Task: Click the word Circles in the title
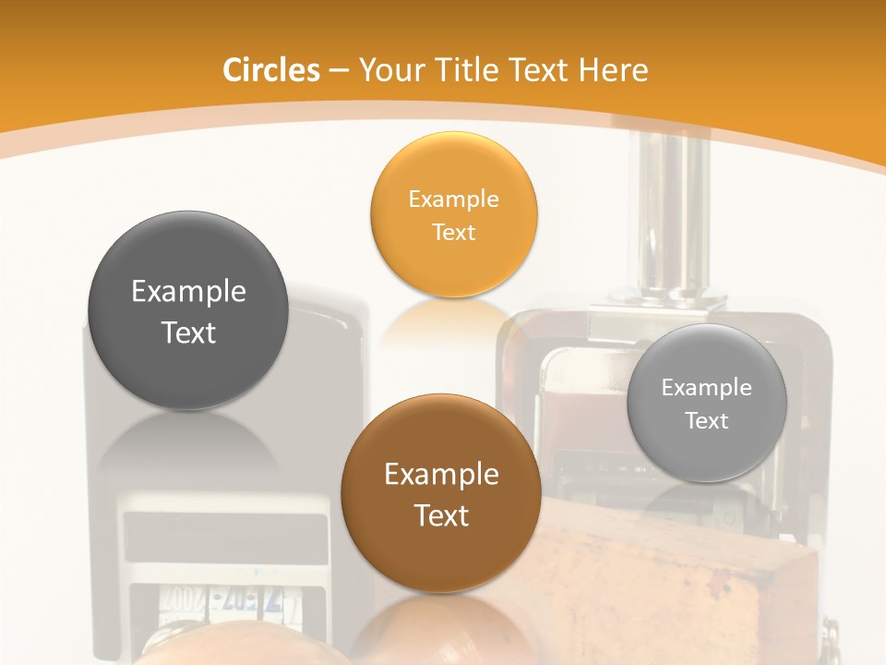(x=270, y=70)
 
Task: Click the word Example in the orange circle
(x=453, y=199)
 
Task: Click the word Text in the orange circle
(x=453, y=233)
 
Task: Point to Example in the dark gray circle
(x=188, y=292)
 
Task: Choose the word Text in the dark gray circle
(x=188, y=332)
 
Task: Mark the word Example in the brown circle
(x=441, y=475)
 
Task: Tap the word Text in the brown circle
(x=441, y=515)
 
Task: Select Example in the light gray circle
(x=707, y=388)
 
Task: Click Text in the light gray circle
(x=707, y=421)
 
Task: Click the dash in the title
(x=339, y=71)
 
